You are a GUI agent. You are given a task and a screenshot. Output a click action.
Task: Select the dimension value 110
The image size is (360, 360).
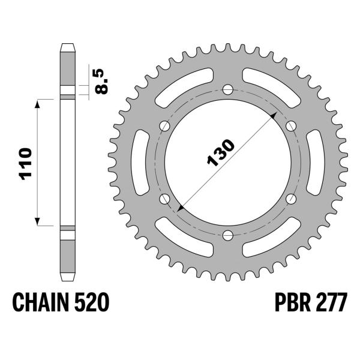(24, 163)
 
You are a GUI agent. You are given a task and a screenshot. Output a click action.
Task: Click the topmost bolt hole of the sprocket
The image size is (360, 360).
(227, 89)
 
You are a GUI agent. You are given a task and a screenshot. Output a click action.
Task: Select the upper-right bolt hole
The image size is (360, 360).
(291, 126)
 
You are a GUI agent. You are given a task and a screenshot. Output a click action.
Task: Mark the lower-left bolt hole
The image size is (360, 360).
(164, 199)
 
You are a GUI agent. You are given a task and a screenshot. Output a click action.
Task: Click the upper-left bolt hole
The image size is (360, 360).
(164, 126)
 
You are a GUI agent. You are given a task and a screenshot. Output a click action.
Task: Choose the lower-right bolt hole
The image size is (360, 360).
(291, 199)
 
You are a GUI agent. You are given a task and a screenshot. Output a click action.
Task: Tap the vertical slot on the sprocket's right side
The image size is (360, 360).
(317, 163)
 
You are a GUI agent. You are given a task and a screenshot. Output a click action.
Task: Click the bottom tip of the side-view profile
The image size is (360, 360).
(67, 280)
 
